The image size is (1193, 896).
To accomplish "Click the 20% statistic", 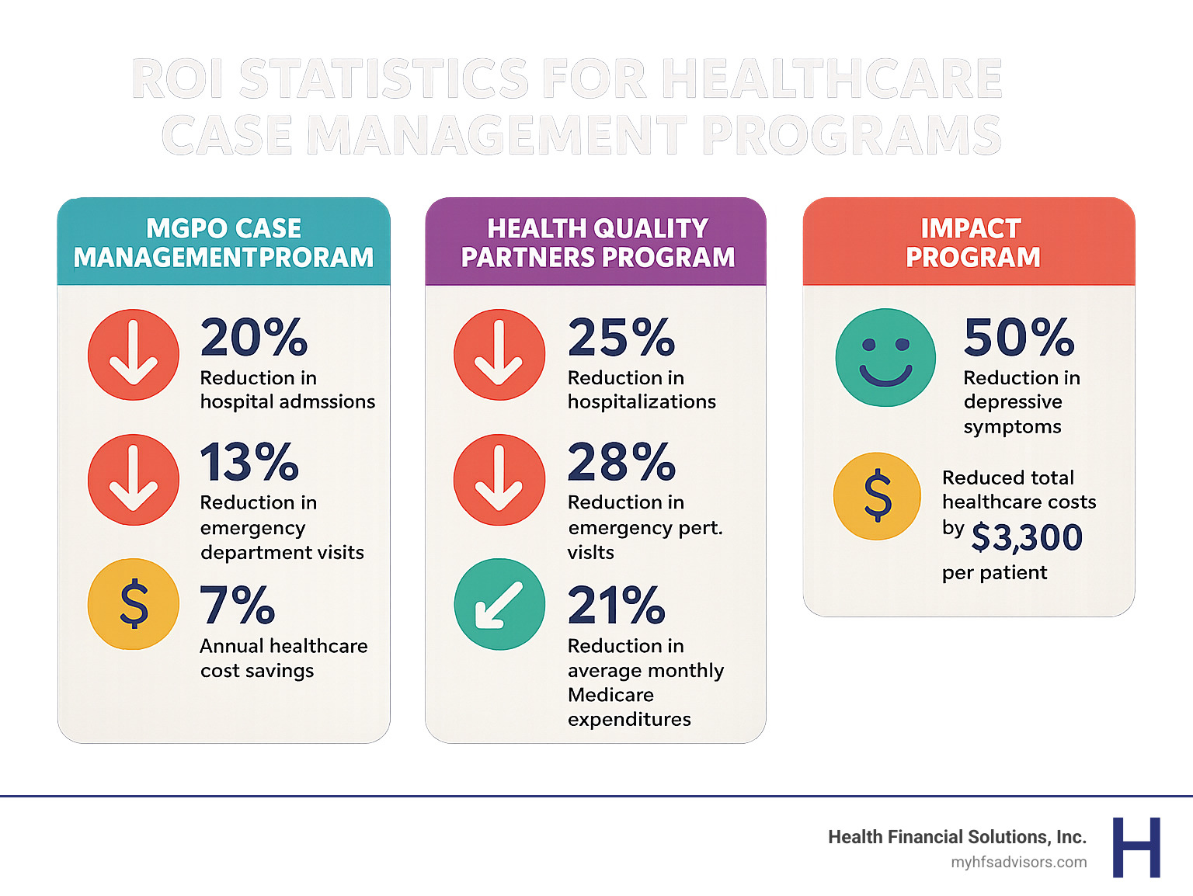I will [x=254, y=338].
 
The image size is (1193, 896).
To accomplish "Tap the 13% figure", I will [x=249, y=463].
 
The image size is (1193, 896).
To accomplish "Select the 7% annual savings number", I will [x=237, y=606].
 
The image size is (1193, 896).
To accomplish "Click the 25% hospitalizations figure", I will [x=621, y=338].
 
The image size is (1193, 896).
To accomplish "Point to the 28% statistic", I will [x=621, y=463].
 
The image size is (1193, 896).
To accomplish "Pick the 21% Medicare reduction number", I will [x=616, y=606].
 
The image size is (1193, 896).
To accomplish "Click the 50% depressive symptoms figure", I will [x=1019, y=338].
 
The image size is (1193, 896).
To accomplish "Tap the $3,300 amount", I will [x=1027, y=537].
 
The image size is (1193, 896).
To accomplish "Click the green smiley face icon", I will [x=885, y=357].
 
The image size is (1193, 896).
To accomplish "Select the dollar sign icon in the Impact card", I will [x=878, y=495].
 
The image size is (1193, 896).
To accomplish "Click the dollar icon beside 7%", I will [x=134, y=604].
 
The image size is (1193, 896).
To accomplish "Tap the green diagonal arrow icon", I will [x=499, y=604].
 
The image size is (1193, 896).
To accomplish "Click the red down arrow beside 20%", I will [x=134, y=355].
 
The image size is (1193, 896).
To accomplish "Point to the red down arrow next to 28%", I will [x=499, y=479].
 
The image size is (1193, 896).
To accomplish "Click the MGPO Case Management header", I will [x=224, y=242].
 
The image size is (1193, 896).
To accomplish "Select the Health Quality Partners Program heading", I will [x=597, y=242].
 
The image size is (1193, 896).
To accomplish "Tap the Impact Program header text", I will [x=972, y=242].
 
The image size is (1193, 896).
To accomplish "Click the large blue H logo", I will [x=1136, y=847].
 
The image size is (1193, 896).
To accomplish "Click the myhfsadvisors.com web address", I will [x=1018, y=862].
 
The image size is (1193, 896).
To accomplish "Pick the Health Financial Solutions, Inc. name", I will [x=957, y=837].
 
